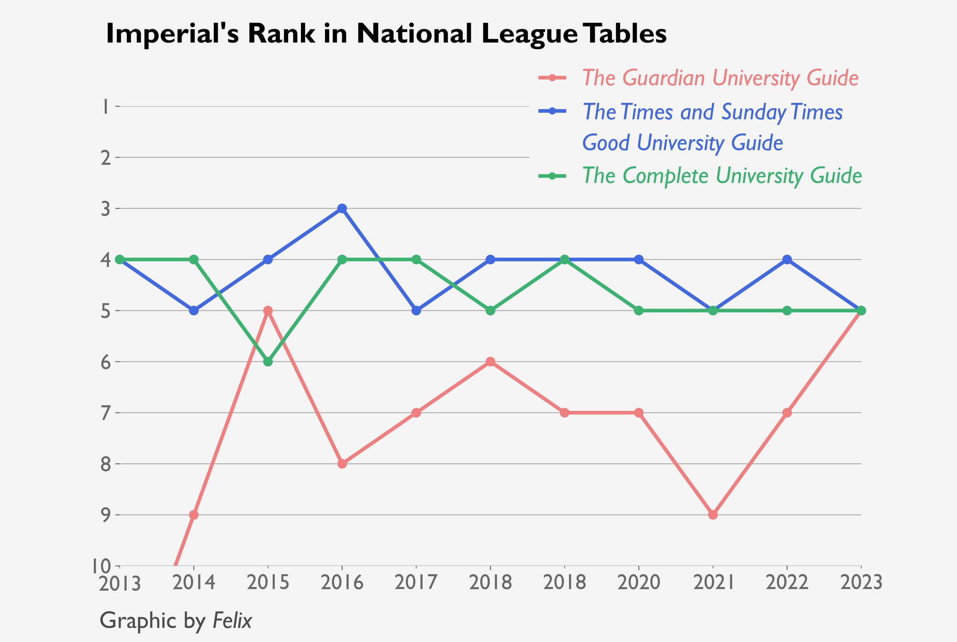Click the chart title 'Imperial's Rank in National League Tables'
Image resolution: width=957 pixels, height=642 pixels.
click(386, 34)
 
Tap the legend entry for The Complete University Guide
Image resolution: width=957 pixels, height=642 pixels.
click(722, 176)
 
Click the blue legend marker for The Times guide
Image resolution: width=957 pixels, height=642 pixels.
click(552, 111)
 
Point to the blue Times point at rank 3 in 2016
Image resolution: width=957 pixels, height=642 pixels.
click(342, 209)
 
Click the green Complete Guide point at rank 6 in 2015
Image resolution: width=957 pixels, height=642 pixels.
click(268, 362)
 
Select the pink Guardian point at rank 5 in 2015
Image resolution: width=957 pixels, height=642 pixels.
click(268, 311)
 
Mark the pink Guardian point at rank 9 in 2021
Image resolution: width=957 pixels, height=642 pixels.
click(713, 515)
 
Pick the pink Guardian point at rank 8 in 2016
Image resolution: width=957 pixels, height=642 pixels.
click(342, 464)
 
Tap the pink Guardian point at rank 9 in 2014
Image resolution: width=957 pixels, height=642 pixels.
click(194, 515)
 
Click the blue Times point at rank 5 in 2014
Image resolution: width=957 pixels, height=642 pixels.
click(194, 311)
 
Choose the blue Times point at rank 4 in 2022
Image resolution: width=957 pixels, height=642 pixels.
click(787, 260)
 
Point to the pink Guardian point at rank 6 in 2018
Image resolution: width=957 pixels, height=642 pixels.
click(490, 362)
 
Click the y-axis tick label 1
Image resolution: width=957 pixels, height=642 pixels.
click(104, 107)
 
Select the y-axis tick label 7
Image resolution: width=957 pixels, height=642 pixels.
click(104, 413)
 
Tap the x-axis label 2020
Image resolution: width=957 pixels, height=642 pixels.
click(639, 583)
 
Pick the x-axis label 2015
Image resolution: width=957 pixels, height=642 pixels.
click(268, 583)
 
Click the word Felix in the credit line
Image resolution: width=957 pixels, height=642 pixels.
click(232, 621)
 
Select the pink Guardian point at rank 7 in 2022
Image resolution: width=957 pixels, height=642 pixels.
click(787, 413)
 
